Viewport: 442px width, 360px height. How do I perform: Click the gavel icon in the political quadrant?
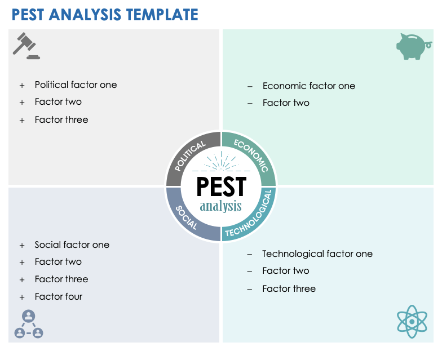(x=26, y=46)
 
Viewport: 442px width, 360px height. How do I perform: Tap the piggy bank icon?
(x=414, y=46)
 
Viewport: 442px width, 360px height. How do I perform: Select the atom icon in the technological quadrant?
(x=412, y=321)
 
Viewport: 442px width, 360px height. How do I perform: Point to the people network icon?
(x=29, y=325)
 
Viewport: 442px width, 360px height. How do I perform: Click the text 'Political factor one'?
(x=76, y=85)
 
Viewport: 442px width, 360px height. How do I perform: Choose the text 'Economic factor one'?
(x=309, y=86)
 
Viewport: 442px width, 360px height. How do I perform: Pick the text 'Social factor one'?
(x=72, y=245)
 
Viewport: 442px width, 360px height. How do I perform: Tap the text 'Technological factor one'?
(x=317, y=254)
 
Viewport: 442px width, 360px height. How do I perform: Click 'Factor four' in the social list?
(x=59, y=296)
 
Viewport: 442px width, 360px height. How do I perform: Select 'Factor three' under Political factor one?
(x=61, y=119)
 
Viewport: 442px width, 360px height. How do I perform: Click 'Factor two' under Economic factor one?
(x=286, y=103)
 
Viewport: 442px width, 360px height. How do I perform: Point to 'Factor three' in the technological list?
(x=289, y=288)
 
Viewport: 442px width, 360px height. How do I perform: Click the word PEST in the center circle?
(x=221, y=186)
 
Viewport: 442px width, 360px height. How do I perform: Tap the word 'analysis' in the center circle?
(x=220, y=206)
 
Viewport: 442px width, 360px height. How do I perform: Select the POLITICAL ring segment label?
(x=190, y=156)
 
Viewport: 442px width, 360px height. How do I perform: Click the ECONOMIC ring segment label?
(x=251, y=155)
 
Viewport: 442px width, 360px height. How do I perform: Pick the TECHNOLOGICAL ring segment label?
(x=252, y=216)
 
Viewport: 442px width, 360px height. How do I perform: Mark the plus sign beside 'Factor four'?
(x=22, y=297)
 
